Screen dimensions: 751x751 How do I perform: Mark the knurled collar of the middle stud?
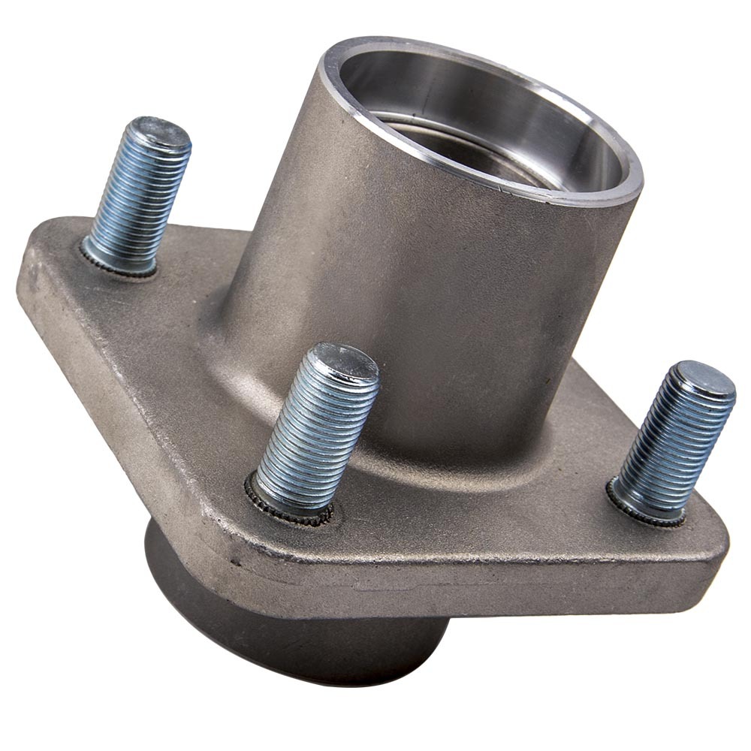(289, 505)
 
